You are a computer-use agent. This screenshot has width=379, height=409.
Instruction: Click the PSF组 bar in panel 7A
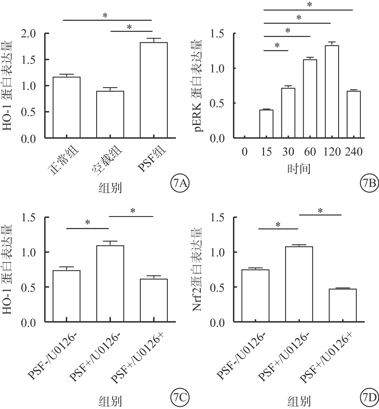(x=154, y=90)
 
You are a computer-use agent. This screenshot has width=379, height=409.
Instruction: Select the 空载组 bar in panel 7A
(x=110, y=114)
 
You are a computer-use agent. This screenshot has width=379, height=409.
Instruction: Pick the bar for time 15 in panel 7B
(x=266, y=124)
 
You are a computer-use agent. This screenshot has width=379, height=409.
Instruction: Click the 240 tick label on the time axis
(x=354, y=152)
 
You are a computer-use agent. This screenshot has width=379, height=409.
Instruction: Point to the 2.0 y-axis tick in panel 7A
(x=32, y=34)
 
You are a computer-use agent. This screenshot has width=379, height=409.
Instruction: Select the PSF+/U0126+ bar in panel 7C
(x=154, y=300)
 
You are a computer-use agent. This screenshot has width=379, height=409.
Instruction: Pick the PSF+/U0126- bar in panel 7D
(x=299, y=284)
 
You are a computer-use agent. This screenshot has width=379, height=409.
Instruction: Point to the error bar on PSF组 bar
(x=154, y=40)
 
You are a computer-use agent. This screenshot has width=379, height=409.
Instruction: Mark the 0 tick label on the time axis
(x=245, y=152)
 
